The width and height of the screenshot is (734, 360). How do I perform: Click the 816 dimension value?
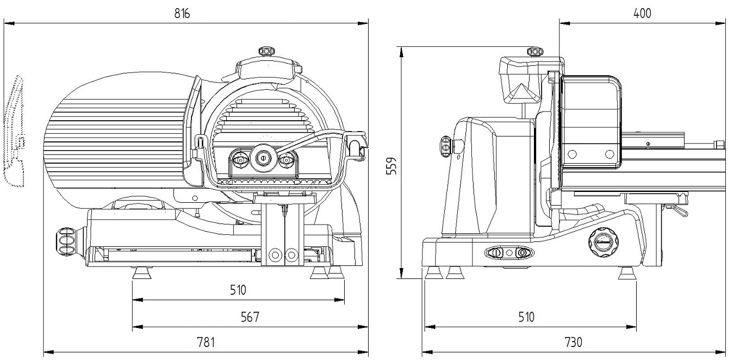click(182, 14)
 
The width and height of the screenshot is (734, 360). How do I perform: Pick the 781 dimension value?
click(205, 343)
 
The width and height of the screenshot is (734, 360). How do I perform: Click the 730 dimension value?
click(573, 343)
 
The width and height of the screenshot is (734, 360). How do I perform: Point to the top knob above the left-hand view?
click(267, 51)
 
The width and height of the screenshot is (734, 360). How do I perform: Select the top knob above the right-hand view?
click(536, 52)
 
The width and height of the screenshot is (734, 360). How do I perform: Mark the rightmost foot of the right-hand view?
click(627, 273)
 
